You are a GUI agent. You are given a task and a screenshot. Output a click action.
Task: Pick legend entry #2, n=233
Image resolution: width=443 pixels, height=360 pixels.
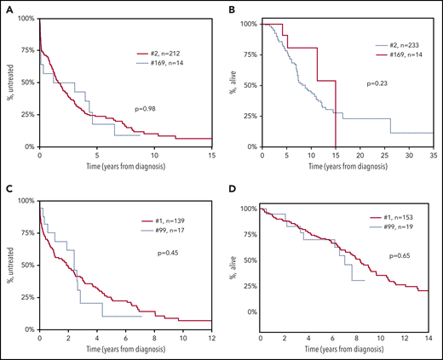pyautogui.click(x=388, y=44)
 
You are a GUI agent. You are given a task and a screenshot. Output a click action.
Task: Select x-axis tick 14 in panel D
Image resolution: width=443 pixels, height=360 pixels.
pyautogui.click(x=428, y=340)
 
